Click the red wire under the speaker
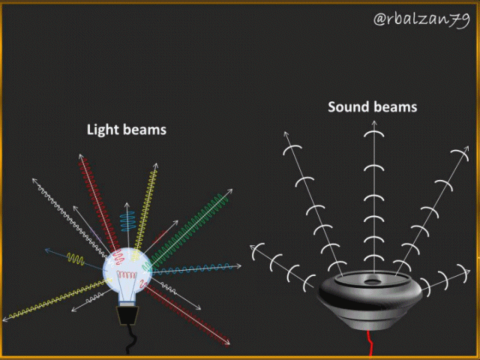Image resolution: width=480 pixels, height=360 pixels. point(370,343)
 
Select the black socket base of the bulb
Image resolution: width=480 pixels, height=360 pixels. point(128,315)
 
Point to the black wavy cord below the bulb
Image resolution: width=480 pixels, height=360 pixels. point(131,339)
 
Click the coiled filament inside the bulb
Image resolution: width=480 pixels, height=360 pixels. point(127,275)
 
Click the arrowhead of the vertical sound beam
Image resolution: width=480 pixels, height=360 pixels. point(374,123)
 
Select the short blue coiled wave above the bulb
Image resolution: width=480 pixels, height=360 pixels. point(128,221)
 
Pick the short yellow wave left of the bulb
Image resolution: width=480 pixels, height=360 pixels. point(75,259)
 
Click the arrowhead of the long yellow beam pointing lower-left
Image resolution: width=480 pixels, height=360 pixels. point(5,319)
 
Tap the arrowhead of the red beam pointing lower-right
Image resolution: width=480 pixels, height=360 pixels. point(227,343)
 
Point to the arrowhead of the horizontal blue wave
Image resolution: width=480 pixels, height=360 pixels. point(238,266)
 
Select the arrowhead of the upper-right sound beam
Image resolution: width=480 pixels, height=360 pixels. point(466,149)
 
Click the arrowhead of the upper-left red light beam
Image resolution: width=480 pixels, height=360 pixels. point(81,157)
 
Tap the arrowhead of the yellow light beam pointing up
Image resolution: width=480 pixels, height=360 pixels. point(156,166)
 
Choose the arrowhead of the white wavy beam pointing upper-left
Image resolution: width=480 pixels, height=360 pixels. point(35,181)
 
